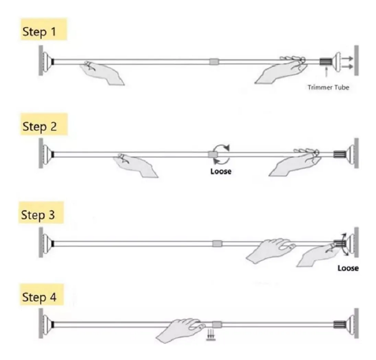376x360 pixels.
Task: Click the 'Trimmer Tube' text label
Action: (328, 87)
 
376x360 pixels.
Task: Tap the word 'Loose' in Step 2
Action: (221, 171)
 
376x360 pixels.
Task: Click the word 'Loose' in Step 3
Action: (348, 268)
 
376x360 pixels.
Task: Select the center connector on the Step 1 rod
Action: (214, 62)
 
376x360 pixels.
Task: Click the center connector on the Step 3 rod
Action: (217, 244)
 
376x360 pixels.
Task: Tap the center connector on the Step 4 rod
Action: (217, 325)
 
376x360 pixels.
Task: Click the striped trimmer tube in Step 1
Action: (326, 62)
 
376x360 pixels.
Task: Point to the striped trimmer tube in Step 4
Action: (340, 324)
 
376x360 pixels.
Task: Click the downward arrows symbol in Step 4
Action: (211, 335)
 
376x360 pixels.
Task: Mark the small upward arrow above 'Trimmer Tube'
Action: (326, 72)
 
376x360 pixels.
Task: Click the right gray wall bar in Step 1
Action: (357, 60)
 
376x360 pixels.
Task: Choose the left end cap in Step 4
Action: (47, 324)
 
